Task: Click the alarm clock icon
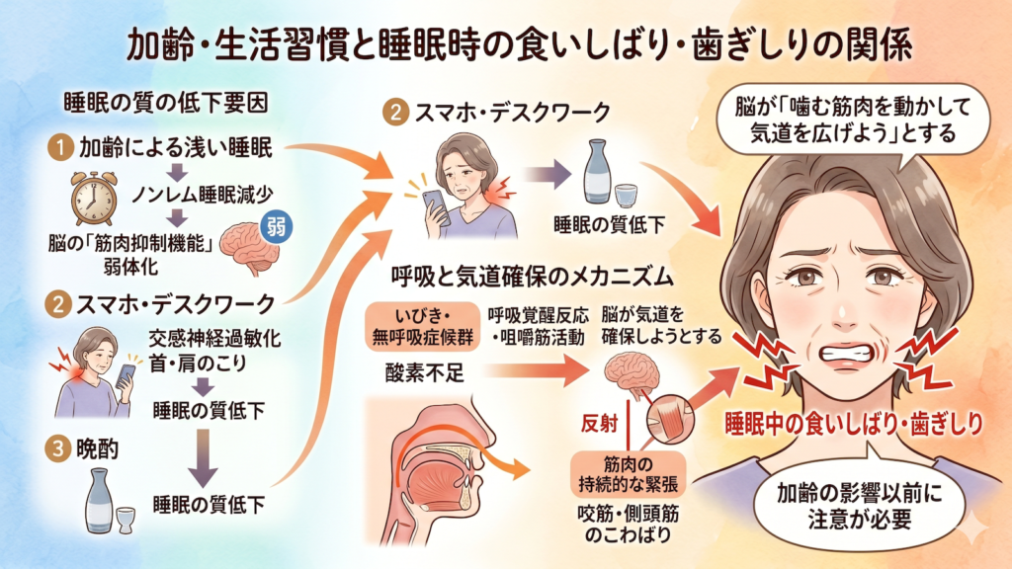coord(92,199)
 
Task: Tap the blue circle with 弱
coord(274,224)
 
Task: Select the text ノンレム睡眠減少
coord(201,192)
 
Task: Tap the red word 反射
coord(602,422)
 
